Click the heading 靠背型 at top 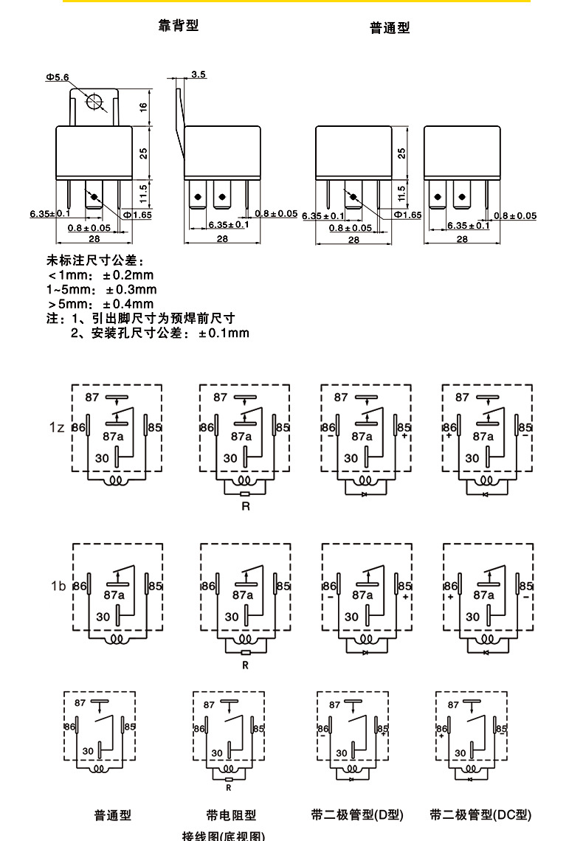pyautogui.click(x=179, y=26)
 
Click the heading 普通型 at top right pyautogui.click(x=390, y=28)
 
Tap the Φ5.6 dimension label pyautogui.click(x=57, y=77)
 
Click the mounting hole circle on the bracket pyautogui.click(x=94, y=103)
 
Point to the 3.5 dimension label pyautogui.click(x=199, y=75)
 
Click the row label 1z pyautogui.click(x=58, y=428)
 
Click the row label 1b pyautogui.click(x=58, y=586)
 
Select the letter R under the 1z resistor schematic pyautogui.click(x=246, y=506)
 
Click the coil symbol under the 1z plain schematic pyautogui.click(x=116, y=481)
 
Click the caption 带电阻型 pyautogui.click(x=231, y=815)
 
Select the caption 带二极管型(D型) pyautogui.click(x=357, y=814)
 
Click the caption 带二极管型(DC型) pyautogui.click(x=480, y=814)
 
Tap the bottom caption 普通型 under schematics pyautogui.click(x=112, y=815)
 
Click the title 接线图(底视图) pyautogui.click(x=223, y=836)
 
